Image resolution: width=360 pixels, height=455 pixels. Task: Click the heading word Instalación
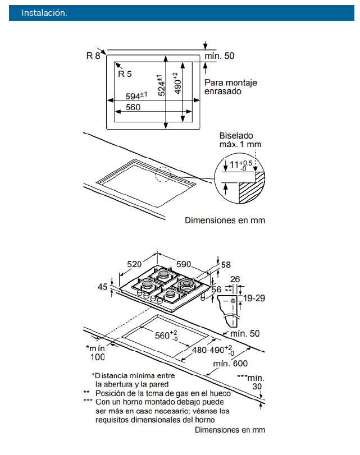pyautogui.click(x=44, y=13)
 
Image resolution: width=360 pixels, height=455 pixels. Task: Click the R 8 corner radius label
pyautogui.click(x=93, y=55)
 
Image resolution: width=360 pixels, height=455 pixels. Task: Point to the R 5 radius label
pyautogui.click(x=125, y=73)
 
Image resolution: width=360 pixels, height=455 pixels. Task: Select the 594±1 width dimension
pyautogui.click(x=136, y=96)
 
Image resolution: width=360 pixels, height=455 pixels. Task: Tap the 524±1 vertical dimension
pyautogui.click(x=161, y=85)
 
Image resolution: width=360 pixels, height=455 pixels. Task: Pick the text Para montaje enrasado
pyautogui.click(x=230, y=87)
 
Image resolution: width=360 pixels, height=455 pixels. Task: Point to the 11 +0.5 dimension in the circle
pyautogui.click(x=238, y=164)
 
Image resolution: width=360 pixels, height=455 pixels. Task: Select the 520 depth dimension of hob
pyautogui.click(x=134, y=264)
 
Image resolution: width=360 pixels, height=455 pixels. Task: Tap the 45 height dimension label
pyautogui.click(x=102, y=287)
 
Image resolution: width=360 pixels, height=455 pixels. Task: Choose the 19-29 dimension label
pyautogui.click(x=253, y=298)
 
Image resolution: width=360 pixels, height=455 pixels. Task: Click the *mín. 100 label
pyautogui.click(x=97, y=353)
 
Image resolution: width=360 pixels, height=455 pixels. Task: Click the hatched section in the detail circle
pyautogui.click(x=250, y=191)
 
